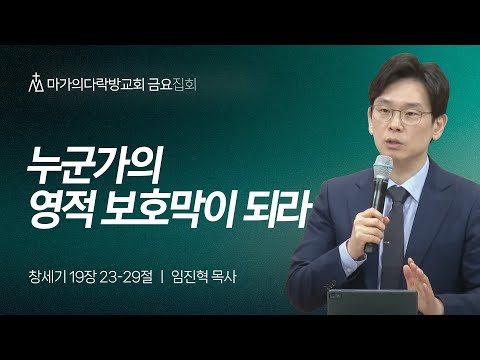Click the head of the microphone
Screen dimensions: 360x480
[384, 167]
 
